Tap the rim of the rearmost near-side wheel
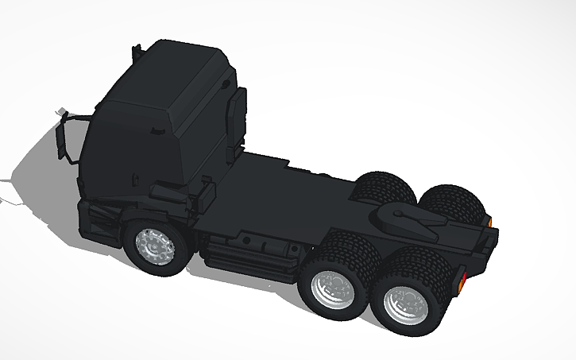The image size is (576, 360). [x=404, y=303]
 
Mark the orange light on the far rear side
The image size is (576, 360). [x=489, y=221]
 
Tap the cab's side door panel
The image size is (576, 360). [x=127, y=151]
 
